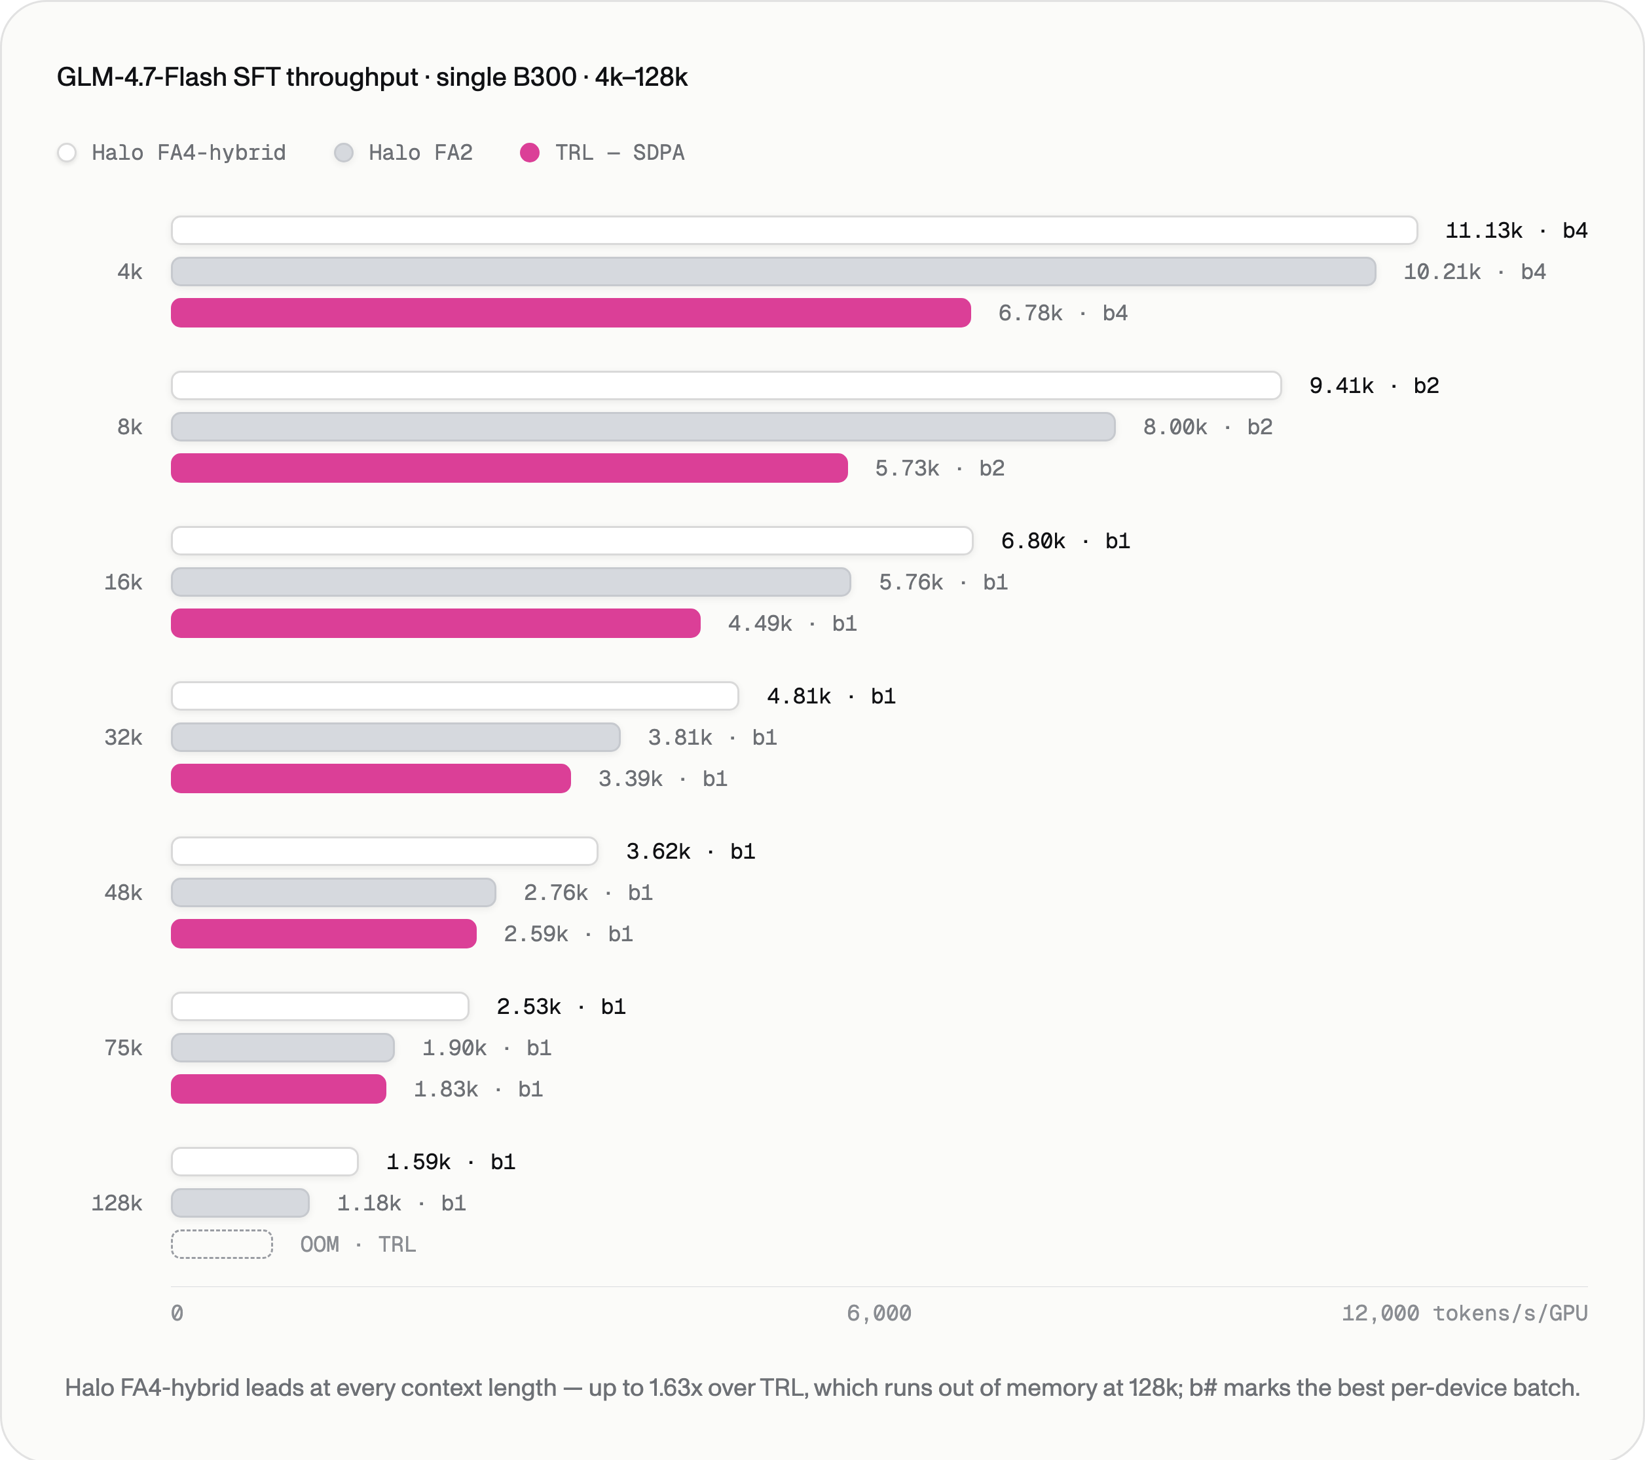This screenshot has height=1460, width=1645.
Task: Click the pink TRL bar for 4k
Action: click(x=570, y=313)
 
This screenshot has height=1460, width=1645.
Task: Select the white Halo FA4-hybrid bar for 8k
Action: click(x=726, y=386)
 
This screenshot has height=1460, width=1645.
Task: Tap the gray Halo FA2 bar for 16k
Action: click(x=511, y=582)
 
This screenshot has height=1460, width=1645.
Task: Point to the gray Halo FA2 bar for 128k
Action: click(x=240, y=1203)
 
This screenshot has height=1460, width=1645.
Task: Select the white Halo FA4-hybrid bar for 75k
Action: click(x=320, y=1007)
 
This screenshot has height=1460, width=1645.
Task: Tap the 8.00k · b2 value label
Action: click(x=1207, y=427)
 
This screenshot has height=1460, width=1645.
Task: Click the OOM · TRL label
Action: click(x=358, y=1245)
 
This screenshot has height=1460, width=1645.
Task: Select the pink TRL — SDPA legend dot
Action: click(x=530, y=153)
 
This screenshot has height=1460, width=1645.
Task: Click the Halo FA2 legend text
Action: click(x=421, y=153)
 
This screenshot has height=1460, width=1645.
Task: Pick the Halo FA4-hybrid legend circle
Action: click(x=67, y=153)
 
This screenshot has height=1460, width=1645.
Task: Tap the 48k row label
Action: click(x=123, y=893)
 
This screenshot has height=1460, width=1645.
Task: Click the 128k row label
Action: click(x=117, y=1203)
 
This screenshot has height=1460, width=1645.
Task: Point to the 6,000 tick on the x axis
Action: click(x=879, y=1313)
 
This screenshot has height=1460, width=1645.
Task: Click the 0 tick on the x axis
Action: click(x=177, y=1313)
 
